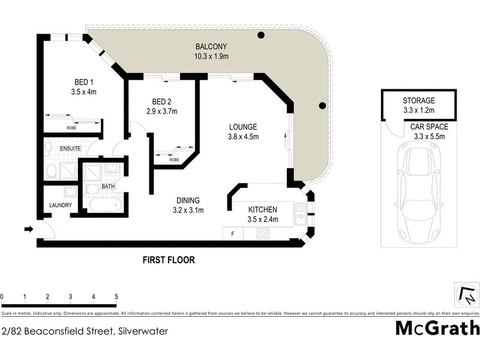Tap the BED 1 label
pyautogui.click(x=83, y=82)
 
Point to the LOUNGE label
pyautogui.click(x=243, y=127)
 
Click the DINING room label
pyautogui.click(x=188, y=200)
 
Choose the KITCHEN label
pyautogui.click(x=263, y=209)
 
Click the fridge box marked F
pyautogui.click(x=232, y=233)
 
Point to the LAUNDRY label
pyautogui.click(x=61, y=205)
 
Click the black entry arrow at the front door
pyautogui.click(x=28, y=229)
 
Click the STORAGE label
pyautogui.click(x=418, y=101)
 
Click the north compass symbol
pyautogui.click(x=466, y=295)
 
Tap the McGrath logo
pyautogui.click(x=437, y=328)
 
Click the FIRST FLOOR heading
pyautogui.click(x=169, y=260)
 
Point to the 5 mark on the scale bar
pyautogui.click(x=116, y=297)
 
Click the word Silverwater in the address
pyautogui.click(x=143, y=331)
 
